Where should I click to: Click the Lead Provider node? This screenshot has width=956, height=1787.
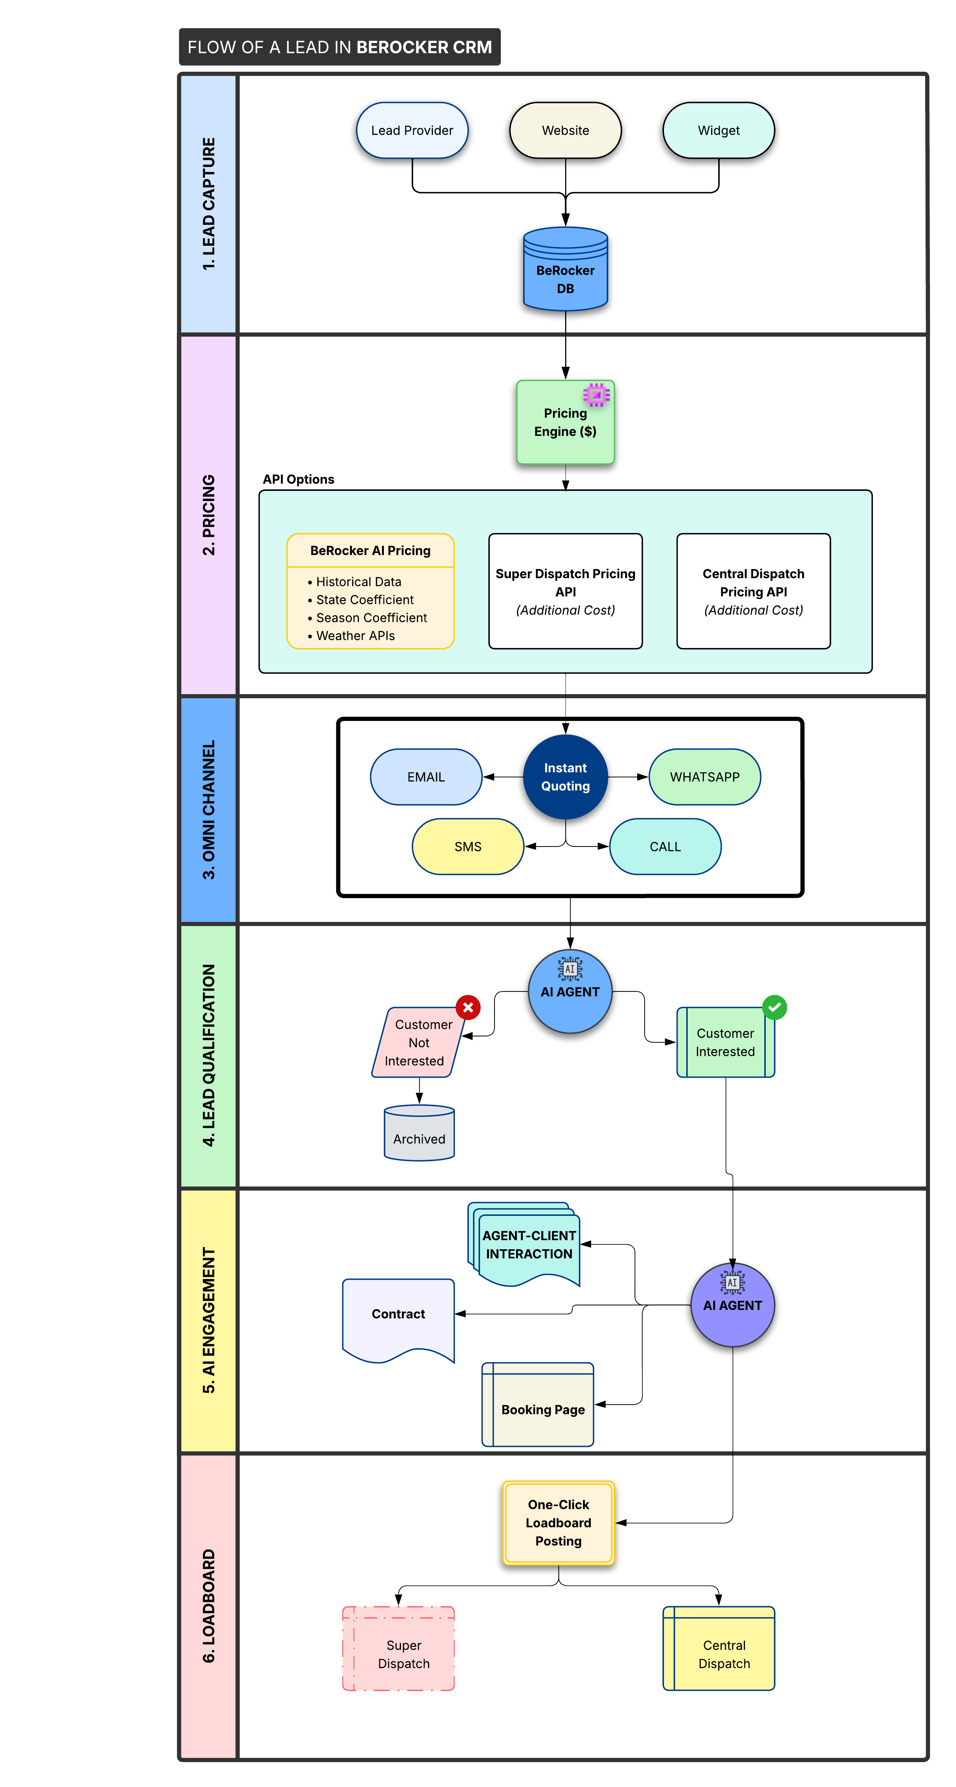tap(412, 130)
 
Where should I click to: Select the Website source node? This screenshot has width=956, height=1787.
tap(566, 130)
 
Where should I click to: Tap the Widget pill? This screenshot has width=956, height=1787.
tap(718, 130)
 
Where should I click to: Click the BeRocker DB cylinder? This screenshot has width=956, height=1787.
tap(566, 271)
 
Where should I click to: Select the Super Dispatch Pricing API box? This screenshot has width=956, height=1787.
tap(566, 591)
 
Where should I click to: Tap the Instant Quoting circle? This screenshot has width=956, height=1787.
tap(566, 777)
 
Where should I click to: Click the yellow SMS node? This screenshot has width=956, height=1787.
tap(467, 846)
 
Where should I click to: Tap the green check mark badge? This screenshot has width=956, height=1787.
tap(774, 1007)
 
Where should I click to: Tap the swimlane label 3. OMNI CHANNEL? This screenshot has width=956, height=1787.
tap(208, 810)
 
